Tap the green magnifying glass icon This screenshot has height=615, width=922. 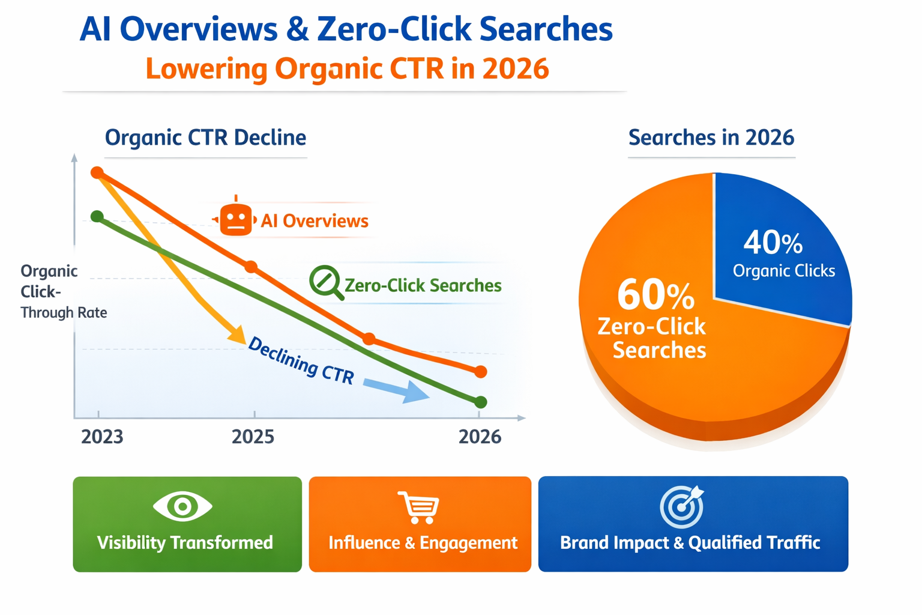coord(325,281)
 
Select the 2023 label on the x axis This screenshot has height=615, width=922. coord(102,437)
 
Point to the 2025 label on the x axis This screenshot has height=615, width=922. coord(253,437)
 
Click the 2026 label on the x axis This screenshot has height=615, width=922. coord(480,437)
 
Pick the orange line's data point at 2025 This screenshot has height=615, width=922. coord(252,267)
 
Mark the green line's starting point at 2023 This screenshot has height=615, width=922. coord(97,216)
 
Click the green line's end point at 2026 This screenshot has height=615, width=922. coord(480,402)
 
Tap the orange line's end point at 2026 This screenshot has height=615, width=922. coord(480,372)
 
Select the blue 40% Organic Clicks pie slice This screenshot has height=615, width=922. coord(780,252)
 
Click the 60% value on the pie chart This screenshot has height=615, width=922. coord(655,295)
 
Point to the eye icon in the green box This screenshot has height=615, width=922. coord(182,506)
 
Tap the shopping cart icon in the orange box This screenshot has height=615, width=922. coord(419,507)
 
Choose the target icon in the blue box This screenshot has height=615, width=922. coord(682,506)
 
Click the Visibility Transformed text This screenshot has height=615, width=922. coord(185,543)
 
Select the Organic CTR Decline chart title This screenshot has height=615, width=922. coord(205,138)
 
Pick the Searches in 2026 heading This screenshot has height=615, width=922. coord(711,138)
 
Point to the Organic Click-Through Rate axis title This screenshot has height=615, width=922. coord(60,291)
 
